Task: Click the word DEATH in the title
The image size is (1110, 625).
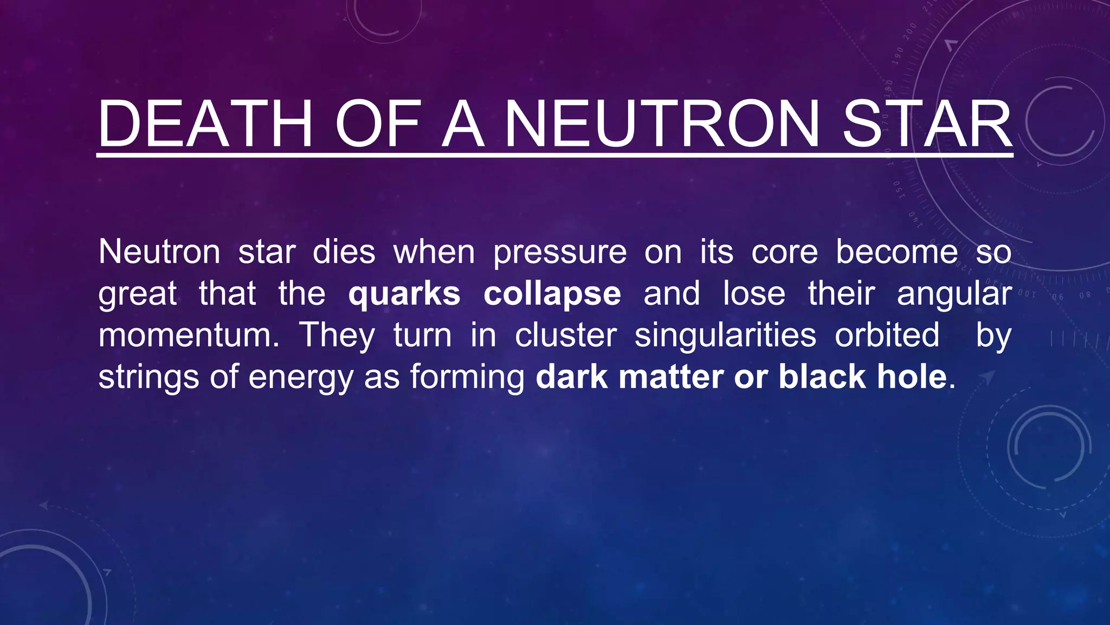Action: (x=205, y=124)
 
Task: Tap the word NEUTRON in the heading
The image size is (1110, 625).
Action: (x=662, y=124)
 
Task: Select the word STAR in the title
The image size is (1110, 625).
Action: (x=927, y=124)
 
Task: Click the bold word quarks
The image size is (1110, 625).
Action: (x=404, y=294)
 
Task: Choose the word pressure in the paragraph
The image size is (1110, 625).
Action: (x=560, y=253)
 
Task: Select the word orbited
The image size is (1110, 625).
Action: (x=887, y=335)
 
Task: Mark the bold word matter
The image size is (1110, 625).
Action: (x=670, y=377)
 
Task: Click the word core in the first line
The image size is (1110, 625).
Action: (x=784, y=253)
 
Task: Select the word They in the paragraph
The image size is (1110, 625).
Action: (x=337, y=335)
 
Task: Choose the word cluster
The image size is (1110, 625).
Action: (x=566, y=335)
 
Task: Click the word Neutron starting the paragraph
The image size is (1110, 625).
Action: (x=159, y=252)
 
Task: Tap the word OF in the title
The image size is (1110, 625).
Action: (x=378, y=124)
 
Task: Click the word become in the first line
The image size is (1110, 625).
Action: (x=897, y=252)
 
